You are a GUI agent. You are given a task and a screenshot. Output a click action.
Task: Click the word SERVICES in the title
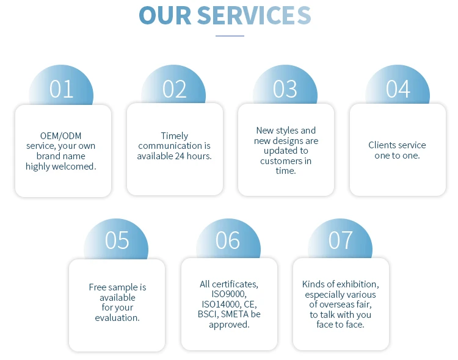[x=254, y=15]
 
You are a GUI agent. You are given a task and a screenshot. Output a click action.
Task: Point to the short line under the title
[x=230, y=36]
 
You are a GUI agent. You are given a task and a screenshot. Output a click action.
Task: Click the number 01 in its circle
[x=62, y=90]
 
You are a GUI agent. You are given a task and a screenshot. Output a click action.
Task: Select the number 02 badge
[x=174, y=90]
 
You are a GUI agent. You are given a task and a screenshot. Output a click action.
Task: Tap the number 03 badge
[x=285, y=89]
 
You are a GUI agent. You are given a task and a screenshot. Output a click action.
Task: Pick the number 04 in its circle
[x=398, y=90]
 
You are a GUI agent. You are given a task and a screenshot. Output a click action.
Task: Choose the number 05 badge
[x=117, y=240]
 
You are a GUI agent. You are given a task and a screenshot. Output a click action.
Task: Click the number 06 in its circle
[x=228, y=240]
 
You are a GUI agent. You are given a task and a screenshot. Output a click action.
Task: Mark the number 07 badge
[x=341, y=240]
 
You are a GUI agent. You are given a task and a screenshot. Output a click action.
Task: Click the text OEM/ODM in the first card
[x=60, y=135]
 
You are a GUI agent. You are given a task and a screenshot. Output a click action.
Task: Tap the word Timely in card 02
[x=175, y=135]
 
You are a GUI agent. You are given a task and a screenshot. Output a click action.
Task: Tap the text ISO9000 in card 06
[x=229, y=294]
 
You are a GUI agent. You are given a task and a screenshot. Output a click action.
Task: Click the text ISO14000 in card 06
[x=220, y=304]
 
